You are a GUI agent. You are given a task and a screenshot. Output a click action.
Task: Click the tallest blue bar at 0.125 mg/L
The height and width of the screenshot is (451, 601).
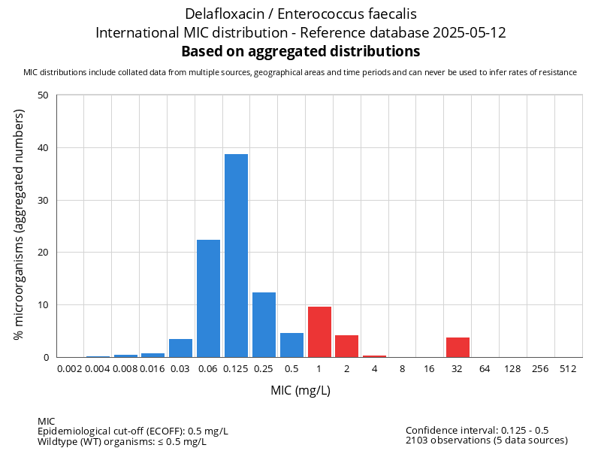coord(236,256)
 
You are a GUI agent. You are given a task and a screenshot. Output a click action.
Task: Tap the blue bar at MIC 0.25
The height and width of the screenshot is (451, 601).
coord(264,325)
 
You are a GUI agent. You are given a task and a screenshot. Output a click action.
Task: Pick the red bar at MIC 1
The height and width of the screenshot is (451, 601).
coord(319,331)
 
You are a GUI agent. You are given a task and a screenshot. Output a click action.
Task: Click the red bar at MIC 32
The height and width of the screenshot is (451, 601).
coord(458,347)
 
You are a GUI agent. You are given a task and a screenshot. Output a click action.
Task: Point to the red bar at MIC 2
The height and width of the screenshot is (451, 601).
coord(346,346)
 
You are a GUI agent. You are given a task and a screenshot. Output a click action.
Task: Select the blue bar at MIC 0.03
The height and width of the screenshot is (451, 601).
coord(180,348)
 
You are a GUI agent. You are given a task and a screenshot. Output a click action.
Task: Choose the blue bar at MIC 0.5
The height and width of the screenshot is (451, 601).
coord(291,345)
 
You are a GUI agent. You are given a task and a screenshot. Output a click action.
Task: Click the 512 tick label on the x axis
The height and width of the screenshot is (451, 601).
coord(569,369)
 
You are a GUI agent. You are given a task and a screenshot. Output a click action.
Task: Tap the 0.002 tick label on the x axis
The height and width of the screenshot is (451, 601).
coord(70,369)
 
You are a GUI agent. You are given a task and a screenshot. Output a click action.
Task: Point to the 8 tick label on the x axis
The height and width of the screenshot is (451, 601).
coord(402,369)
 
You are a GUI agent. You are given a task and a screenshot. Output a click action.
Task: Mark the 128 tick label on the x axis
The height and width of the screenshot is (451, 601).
coord(513,369)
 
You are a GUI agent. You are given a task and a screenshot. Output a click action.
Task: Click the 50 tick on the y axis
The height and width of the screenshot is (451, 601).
coord(43,95)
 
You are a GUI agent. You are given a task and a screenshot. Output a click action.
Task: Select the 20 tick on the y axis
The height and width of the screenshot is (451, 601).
coord(43,253)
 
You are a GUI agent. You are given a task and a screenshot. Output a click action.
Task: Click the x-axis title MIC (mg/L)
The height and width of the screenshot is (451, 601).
coord(300,391)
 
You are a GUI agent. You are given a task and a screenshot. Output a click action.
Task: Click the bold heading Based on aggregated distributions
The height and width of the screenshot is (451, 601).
coord(300,52)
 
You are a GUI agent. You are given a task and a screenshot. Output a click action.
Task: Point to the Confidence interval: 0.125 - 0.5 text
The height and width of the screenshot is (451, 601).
coord(477,430)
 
